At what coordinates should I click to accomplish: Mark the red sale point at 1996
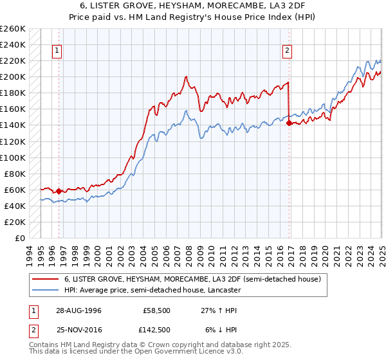[59, 191]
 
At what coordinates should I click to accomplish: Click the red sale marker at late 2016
[289, 123]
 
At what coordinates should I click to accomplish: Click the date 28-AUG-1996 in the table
[76, 310]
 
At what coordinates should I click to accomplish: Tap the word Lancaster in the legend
[222, 290]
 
